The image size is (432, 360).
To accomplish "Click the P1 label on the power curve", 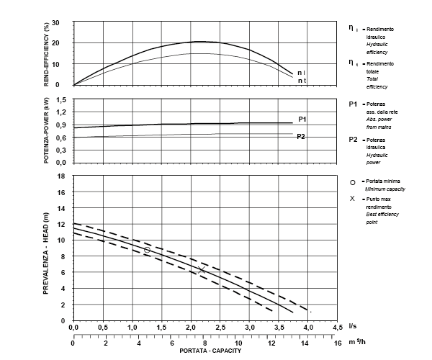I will click(x=303, y=119).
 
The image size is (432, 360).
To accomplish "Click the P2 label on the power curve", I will click(x=302, y=135).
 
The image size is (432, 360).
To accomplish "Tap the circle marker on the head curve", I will click(x=147, y=249).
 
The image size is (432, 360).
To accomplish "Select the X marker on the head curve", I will click(x=202, y=269).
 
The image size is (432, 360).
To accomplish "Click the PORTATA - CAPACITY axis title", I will click(x=205, y=351).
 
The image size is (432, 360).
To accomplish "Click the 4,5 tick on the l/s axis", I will click(x=338, y=328).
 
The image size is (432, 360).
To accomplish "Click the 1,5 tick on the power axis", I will click(x=61, y=99).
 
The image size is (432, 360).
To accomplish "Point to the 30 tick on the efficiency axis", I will click(x=64, y=23).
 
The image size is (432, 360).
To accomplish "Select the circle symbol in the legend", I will click(x=352, y=182).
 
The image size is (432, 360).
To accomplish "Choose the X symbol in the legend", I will click(x=352, y=198).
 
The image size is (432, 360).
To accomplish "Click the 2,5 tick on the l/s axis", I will click(x=220, y=328).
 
